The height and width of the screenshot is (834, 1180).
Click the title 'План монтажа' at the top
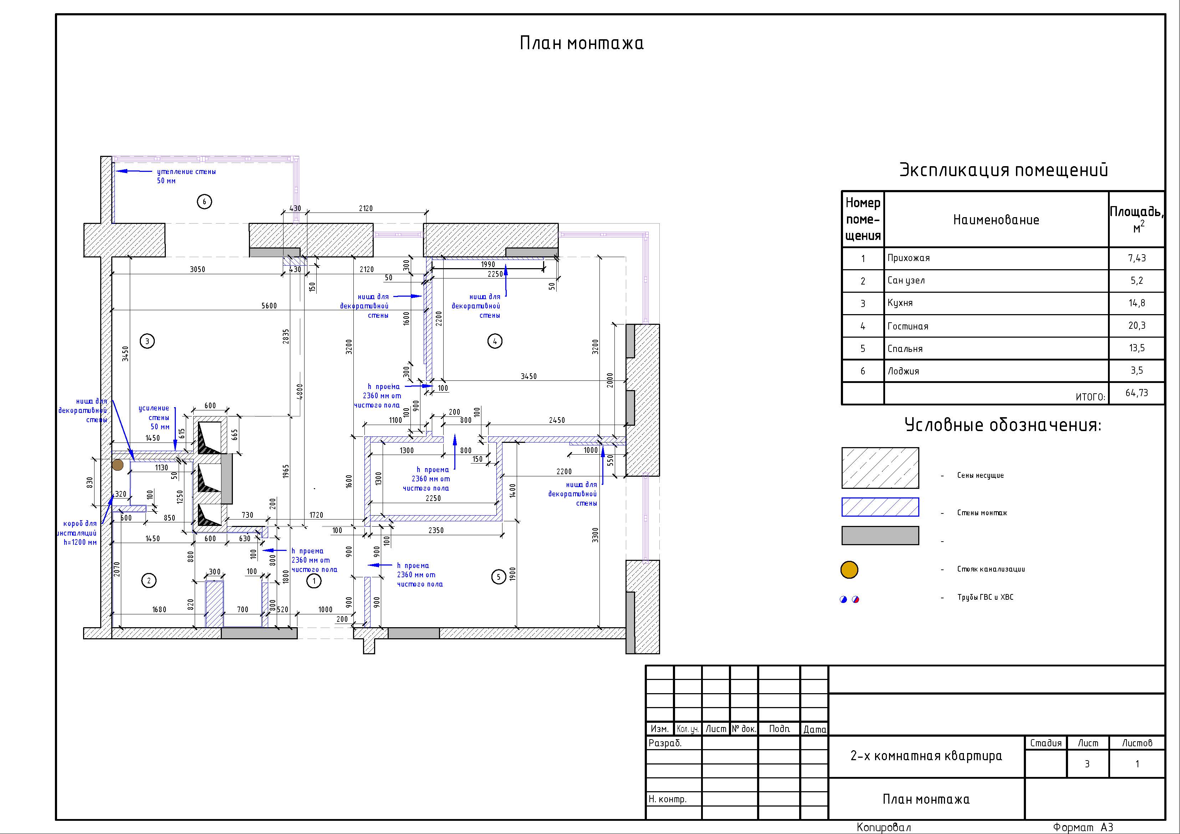pos(581,43)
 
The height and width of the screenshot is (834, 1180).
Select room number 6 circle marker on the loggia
pos(205,201)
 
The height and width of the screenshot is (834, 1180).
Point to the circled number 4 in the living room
pos(495,341)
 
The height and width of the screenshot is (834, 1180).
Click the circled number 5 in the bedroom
pos(499,577)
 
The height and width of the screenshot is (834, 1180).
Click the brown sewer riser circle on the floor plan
pos(118,465)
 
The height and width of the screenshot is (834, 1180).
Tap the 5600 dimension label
pos(269,306)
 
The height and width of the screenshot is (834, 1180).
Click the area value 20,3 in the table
pos(1137,325)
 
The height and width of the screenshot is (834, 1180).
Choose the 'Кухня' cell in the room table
pos(900,303)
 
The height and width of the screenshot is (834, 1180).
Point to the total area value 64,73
pos(1137,393)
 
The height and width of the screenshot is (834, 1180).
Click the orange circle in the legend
pos(849,569)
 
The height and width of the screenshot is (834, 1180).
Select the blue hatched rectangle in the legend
pos(880,507)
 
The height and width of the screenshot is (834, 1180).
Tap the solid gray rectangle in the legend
pos(880,535)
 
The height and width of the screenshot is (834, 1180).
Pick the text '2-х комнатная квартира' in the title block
pos(926,756)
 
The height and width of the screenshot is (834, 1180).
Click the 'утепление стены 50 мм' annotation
pos(186,176)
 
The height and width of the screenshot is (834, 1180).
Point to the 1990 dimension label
pos(488,264)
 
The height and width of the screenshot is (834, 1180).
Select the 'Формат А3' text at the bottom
pos(1083,827)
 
